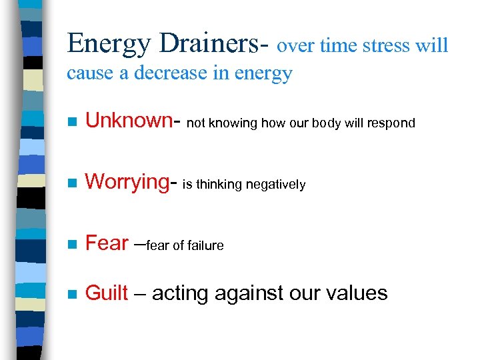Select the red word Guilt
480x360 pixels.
click(107, 293)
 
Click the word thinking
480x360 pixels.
click(219, 185)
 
